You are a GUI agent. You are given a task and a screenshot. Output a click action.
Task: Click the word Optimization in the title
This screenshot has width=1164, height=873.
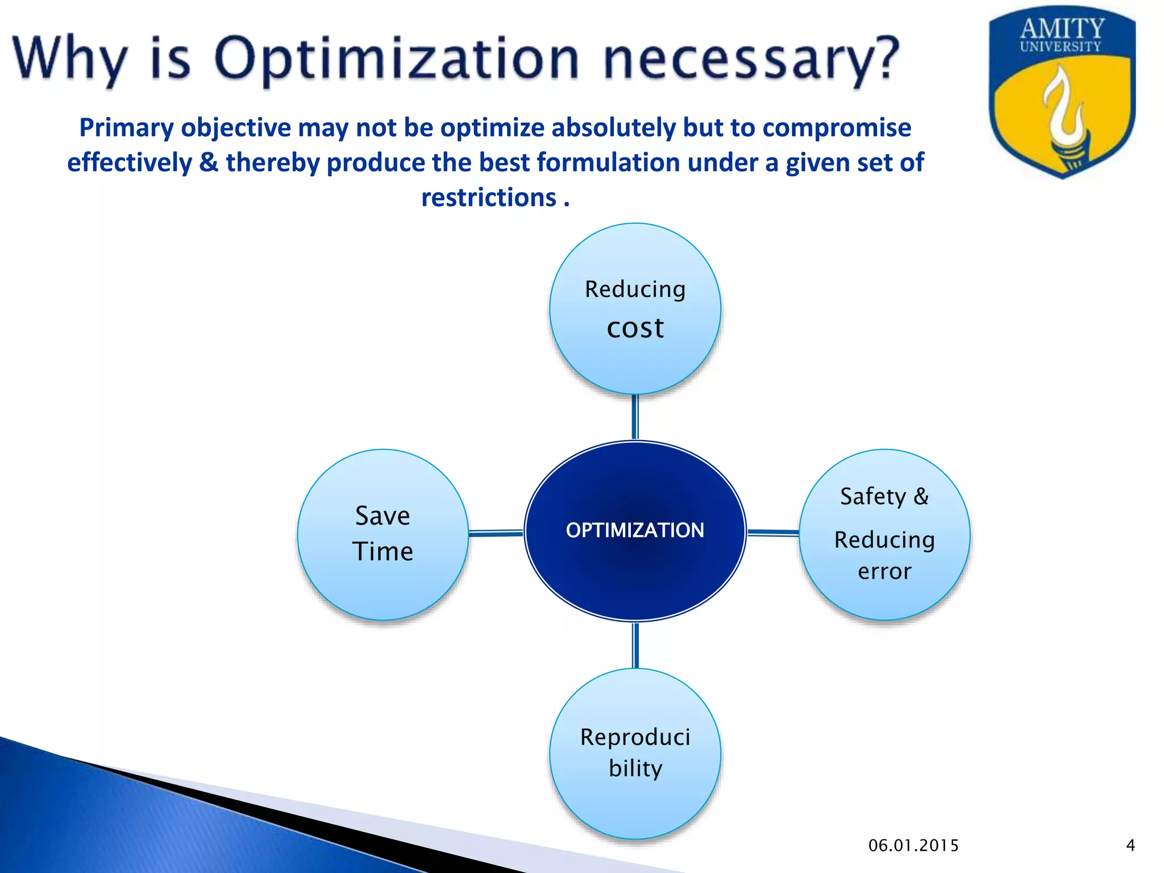[397, 59]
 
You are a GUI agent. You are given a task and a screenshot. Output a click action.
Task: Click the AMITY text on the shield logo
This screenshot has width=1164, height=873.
[1062, 28]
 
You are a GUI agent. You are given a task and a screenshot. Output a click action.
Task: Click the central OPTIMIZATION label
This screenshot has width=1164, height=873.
[635, 530]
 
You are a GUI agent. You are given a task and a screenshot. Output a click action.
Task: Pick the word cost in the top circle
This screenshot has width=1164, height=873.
[635, 328]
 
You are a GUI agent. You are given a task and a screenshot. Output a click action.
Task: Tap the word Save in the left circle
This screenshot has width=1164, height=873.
[383, 516]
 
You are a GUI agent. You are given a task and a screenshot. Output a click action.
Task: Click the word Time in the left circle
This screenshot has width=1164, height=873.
[383, 551]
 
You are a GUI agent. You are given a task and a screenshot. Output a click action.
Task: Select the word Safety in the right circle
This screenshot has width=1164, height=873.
[872, 496]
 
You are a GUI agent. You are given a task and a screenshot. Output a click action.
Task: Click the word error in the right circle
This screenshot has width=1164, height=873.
[884, 571]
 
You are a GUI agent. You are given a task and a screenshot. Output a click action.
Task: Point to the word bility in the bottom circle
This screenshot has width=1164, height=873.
[635, 768]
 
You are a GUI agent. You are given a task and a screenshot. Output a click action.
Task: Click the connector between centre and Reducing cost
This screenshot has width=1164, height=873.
[635, 418]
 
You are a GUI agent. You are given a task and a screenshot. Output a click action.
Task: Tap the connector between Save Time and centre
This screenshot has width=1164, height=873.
[496, 533]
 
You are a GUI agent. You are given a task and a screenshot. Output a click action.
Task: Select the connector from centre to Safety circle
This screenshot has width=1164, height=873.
[773, 533]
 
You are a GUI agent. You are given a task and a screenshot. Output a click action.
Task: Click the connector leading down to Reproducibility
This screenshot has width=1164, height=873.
[635, 646]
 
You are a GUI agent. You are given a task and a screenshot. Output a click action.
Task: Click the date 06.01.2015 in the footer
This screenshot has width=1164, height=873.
[913, 846]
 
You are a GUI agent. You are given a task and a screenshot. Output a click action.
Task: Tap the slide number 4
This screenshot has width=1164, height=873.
[1130, 846]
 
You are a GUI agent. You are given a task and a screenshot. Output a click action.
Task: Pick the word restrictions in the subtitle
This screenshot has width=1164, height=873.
[489, 198]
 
